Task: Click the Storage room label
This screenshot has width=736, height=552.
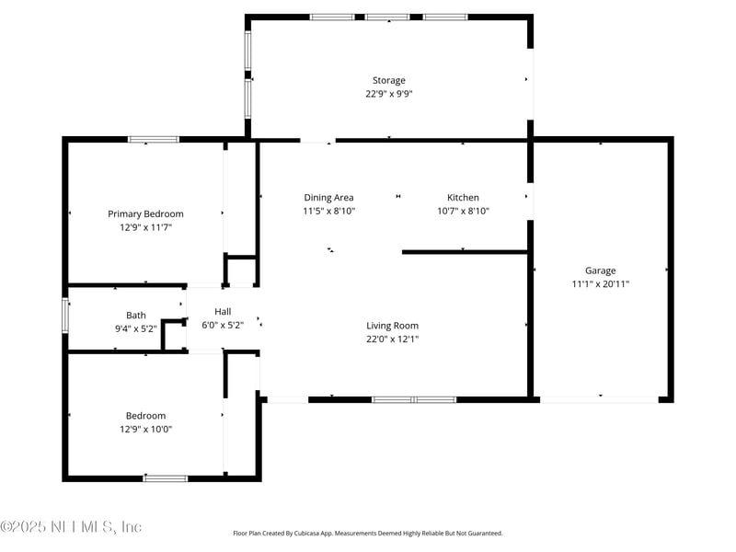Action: click(x=388, y=81)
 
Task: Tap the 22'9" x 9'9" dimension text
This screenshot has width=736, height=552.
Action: click(x=388, y=94)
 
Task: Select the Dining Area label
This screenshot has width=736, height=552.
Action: click(x=328, y=198)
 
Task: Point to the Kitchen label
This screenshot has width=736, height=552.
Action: click(x=463, y=198)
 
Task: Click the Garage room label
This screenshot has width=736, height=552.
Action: click(x=601, y=270)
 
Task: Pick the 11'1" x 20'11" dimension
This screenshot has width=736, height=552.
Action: click(x=601, y=284)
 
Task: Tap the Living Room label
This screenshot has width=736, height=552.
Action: click(x=393, y=326)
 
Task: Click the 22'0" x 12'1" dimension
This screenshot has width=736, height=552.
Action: click(x=393, y=339)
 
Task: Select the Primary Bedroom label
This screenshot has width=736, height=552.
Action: click(x=145, y=214)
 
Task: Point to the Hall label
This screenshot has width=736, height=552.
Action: click(x=223, y=312)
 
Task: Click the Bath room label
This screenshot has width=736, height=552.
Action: click(x=136, y=316)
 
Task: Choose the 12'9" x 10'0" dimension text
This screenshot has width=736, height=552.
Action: click(x=145, y=429)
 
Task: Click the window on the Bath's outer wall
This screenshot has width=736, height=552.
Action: click(x=65, y=316)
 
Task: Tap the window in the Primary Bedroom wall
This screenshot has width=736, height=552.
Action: click(x=154, y=140)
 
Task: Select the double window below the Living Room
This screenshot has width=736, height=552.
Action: click(x=414, y=400)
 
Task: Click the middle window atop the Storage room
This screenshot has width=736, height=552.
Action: click(x=387, y=17)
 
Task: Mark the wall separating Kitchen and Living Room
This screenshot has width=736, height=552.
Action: click(x=466, y=252)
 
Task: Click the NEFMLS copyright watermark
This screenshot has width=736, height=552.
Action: click(x=71, y=526)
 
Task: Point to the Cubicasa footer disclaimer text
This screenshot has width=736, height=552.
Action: click(x=367, y=534)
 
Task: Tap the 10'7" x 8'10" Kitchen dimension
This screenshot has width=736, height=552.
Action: click(x=463, y=212)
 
